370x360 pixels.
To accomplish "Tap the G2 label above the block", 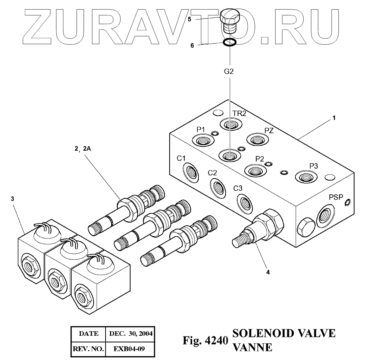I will tap(229, 71).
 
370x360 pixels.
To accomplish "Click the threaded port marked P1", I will tap(201, 141).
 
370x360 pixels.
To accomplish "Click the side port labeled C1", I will tap(191, 171).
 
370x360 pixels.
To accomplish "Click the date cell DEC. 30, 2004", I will tap(131, 333).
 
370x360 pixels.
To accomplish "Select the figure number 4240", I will tap(217, 340).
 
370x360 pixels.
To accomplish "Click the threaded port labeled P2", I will tap(255, 170).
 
